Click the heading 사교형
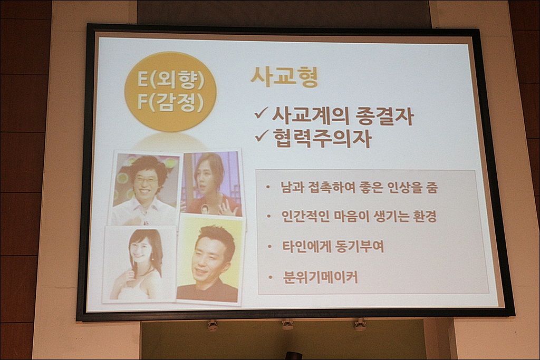pyautogui.click(x=284, y=77)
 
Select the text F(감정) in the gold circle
pyautogui.click(x=170, y=102)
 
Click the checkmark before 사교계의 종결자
pyautogui.click(x=262, y=113)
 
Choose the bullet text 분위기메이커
pyautogui.click(x=320, y=277)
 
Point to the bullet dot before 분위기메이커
pyautogui.click(x=271, y=277)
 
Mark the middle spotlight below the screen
pyautogui.click(x=287, y=324)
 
